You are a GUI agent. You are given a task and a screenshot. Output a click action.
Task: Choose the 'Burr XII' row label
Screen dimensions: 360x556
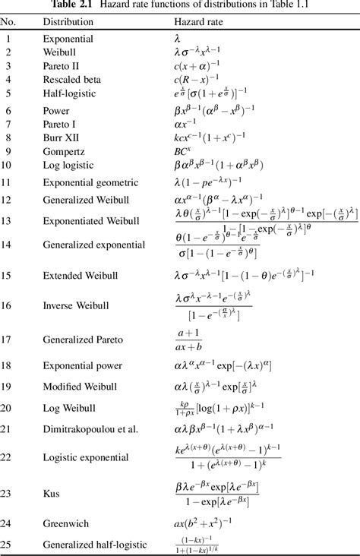(x=62, y=137)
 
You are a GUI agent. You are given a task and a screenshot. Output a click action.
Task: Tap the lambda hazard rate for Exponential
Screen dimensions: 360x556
(x=178, y=37)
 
